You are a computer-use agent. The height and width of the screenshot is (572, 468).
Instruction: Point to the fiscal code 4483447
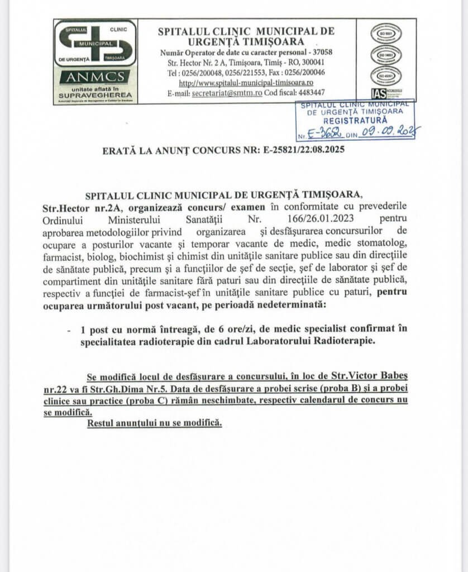point(308,93)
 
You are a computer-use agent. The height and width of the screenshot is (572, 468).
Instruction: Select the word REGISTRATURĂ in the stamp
point(355,120)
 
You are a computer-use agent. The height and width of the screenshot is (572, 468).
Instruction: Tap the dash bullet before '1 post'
point(69,331)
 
